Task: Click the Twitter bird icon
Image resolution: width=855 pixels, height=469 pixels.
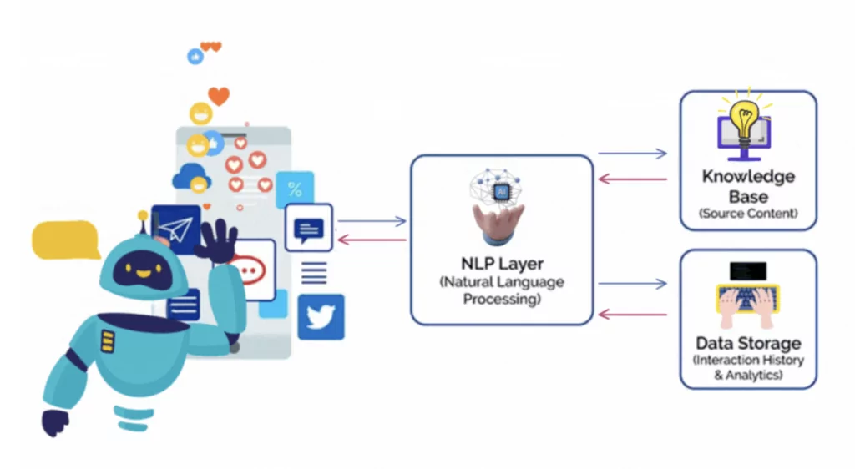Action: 321,317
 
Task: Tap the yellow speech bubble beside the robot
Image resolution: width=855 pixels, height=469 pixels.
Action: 65,240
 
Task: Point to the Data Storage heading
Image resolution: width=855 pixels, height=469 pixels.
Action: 748,343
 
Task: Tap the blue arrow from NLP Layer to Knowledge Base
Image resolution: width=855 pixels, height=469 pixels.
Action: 632,154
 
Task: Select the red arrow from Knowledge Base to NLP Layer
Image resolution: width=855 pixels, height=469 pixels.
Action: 632,179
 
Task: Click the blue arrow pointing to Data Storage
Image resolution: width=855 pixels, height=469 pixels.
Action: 632,285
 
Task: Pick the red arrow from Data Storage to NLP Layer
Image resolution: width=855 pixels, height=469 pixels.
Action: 632,315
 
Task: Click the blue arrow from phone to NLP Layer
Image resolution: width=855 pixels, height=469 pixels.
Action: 371,221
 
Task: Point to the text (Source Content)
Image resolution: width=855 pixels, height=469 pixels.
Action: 748,214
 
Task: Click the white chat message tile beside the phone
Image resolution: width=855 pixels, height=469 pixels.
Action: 309,228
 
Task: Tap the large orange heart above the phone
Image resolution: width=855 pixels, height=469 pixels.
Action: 219,96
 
